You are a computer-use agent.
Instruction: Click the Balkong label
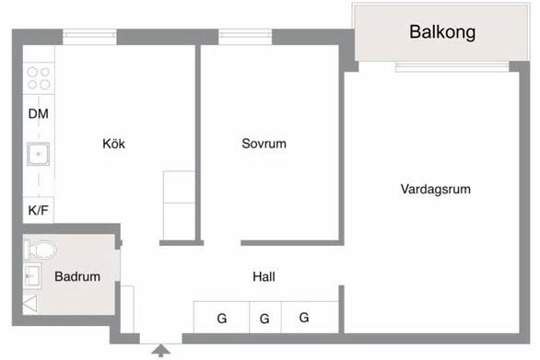[x=442, y=32]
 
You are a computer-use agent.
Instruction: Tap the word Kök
[x=114, y=144]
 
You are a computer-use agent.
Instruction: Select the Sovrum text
[x=264, y=144]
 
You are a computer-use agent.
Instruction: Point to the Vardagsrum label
[x=436, y=190]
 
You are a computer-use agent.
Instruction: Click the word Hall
[x=264, y=276]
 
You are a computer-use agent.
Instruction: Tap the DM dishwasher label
[x=39, y=114]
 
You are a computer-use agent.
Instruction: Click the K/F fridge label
[x=39, y=210]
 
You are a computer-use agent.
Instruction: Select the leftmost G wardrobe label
[x=221, y=319]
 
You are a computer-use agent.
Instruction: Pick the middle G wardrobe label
[x=264, y=319]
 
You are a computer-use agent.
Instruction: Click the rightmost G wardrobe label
[x=304, y=318]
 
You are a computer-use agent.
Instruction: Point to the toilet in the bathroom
[x=41, y=249]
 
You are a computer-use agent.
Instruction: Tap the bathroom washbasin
[x=31, y=274]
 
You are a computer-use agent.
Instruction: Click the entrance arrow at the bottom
[x=161, y=350]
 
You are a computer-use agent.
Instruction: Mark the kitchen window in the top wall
[x=89, y=37]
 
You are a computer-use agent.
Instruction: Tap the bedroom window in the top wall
[x=239, y=37]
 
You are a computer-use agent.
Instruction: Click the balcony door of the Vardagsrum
[x=451, y=66]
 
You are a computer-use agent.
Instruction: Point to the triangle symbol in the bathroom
[x=29, y=303]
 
